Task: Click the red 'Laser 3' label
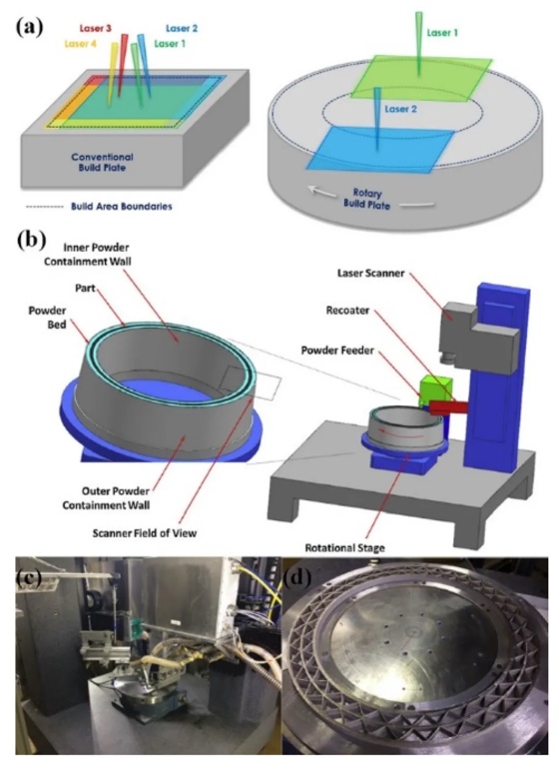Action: coord(96,28)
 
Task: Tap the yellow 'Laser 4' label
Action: coord(80,44)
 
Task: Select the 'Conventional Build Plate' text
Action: coord(102,163)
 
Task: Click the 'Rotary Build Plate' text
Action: coord(366,198)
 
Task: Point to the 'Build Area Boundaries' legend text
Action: coord(122,207)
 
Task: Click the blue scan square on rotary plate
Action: coord(380,149)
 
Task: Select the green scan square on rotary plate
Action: coord(420,79)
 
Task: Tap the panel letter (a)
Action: coord(29,27)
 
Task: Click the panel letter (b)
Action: coord(30,240)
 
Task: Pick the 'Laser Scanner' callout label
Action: coord(370,273)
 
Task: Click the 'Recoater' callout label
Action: coord(347,311)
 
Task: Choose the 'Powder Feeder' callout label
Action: coord(337,351)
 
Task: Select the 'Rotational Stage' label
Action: coord(344,547)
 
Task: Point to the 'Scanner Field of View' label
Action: coord(145,532)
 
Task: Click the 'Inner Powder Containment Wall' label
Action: coord(88,255)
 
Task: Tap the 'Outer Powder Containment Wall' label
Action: coord(106,497)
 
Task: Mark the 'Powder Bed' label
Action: coord(54,317)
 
